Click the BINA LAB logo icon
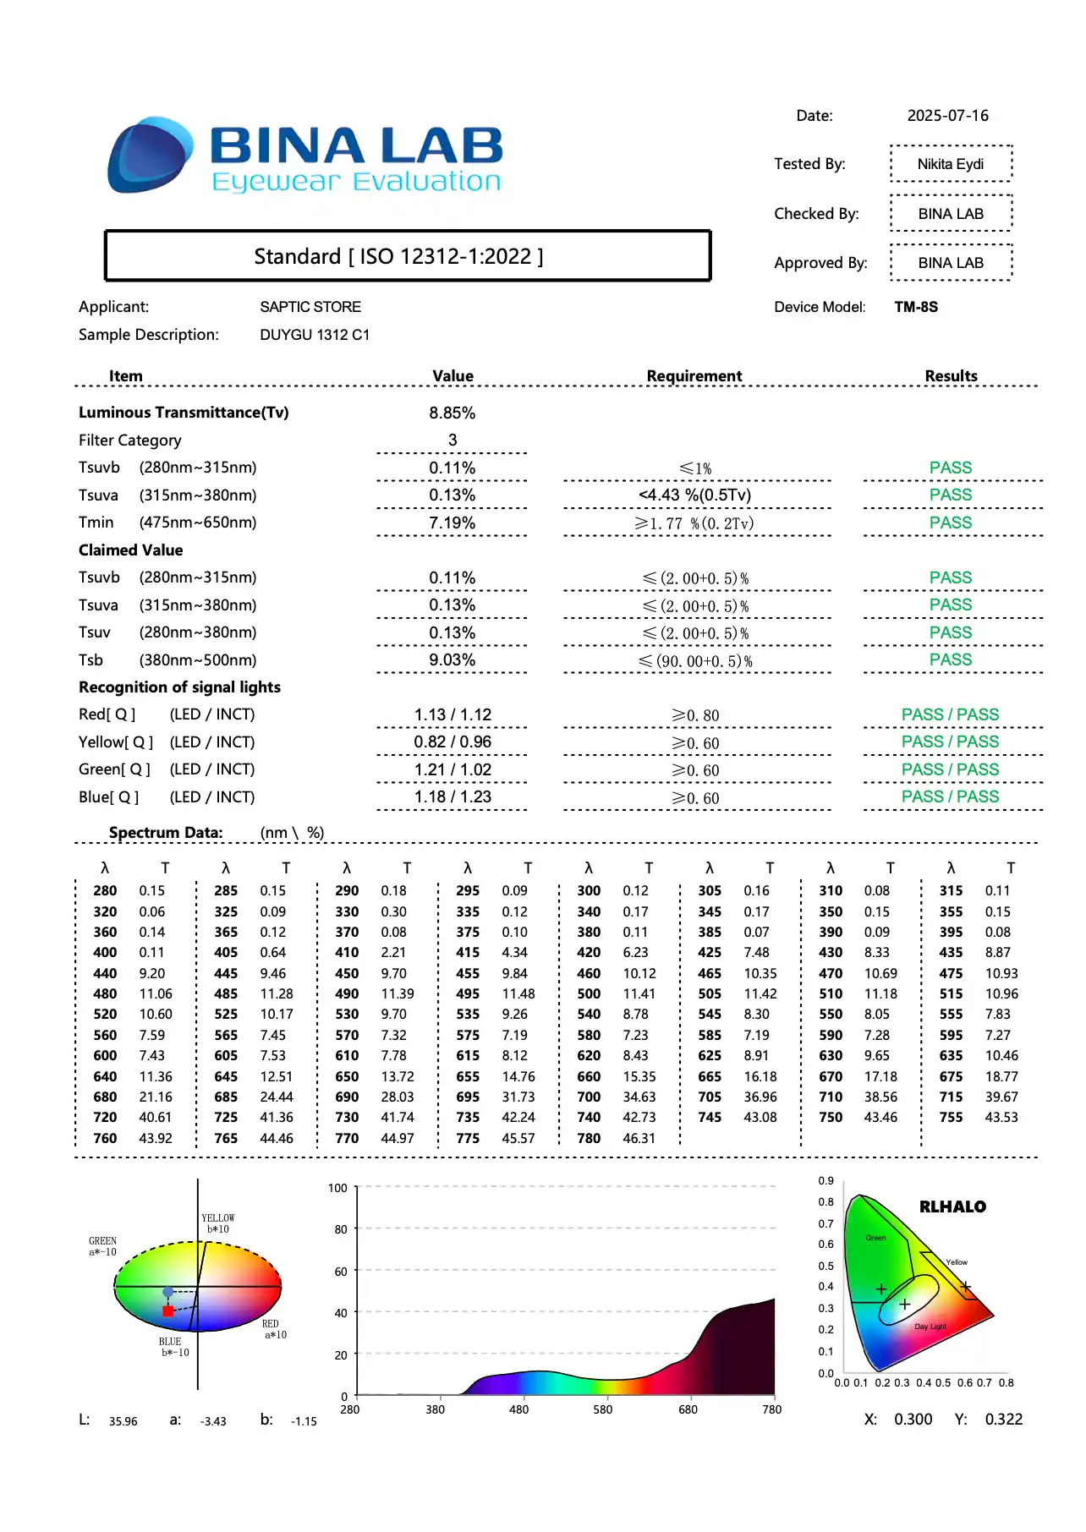click(150, 156)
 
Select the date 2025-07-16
click(947, 116)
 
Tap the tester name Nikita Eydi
click(950, 164)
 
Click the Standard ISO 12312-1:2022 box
click(407, 256)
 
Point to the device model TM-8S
click(916, 307)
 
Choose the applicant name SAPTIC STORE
click(310, 307)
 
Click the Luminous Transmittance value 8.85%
click(452, 413)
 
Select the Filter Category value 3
click(452, 440)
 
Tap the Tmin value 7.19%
click(452, 523)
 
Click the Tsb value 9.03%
click(452, 660)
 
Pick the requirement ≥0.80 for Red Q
click(695, 716)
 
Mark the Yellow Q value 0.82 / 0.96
click(452, 742)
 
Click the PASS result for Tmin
click(951, 523)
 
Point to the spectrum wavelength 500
click(589, 994)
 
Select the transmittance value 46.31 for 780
click(639, 1139)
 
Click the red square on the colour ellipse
click(167, 1311)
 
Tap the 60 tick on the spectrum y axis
click(340, 1272)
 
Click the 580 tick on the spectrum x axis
click(602, 1409)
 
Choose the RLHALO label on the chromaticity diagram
click(952, 1207)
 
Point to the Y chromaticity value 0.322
click(1003, 1420)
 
